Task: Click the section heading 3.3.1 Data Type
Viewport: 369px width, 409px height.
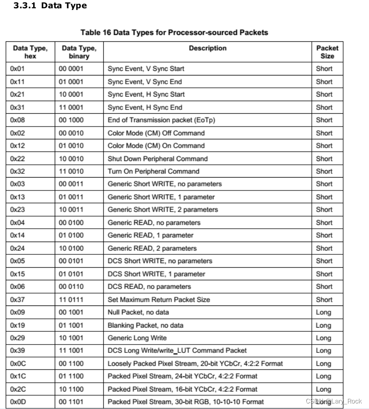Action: point(50,6)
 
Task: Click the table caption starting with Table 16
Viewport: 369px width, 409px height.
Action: point(174,33)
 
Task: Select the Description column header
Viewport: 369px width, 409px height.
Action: point(207,48)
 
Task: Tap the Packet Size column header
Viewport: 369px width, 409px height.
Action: point(327,52)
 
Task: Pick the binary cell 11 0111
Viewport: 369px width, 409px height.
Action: point(71,300)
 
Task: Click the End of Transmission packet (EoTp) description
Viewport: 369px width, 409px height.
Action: point(161,120)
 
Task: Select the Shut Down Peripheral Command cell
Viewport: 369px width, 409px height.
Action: point(158,159)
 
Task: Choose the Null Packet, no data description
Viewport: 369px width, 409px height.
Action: point(138,312)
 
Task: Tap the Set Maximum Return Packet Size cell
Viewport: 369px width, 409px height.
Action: point(158,300)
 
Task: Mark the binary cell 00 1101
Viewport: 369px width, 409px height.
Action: point(71,402)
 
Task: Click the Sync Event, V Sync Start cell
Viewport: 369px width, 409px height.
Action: point(146,69)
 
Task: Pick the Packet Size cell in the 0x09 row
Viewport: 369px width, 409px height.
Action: point(323,312)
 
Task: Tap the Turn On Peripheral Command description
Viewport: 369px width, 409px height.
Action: point(153,171)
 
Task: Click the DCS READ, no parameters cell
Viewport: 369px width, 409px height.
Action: point(149,287)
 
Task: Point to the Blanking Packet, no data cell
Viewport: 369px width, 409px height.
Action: point(145,325)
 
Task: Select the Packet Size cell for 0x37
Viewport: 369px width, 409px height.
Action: point(324,300)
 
